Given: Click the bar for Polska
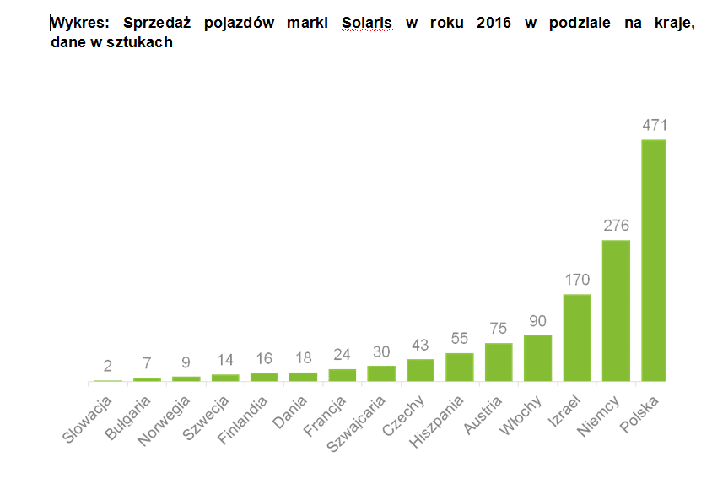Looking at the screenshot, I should [654, 260].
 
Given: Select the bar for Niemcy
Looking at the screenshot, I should [615, 311].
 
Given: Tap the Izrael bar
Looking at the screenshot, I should [576, 338].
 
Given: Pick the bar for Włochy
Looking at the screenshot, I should [537, 358].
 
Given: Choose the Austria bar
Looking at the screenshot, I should [499, 362].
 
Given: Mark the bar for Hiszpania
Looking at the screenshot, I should [460, 367].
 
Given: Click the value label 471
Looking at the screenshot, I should [654, 125].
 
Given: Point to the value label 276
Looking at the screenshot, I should [615, 226].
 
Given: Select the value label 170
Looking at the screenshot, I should [576, 280].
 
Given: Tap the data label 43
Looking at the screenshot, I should [420, 345].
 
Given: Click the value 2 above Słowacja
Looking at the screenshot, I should [108, 366].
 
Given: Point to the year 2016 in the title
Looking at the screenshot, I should [494, 23].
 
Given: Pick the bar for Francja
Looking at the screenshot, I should [343, 374].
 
